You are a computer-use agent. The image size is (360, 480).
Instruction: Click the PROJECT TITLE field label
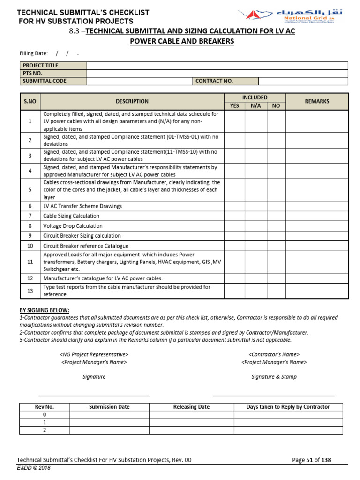tap(41, 66)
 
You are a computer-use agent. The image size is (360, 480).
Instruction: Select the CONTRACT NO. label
tap(214, 81)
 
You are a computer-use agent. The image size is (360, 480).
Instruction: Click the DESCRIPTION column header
tap(132, 101)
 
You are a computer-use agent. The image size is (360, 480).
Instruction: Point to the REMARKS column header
tap(317, 101)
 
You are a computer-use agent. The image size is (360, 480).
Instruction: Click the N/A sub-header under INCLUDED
tap(256, 106)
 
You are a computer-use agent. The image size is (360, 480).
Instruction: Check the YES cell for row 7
tap(234, 216)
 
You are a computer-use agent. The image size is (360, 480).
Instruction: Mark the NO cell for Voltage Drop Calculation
tap(276, 226)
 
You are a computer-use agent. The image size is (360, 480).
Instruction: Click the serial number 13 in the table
tap(30, 291)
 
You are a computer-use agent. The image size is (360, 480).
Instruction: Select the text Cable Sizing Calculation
tap(71, 216)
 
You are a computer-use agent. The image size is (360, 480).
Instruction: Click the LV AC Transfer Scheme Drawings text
tap(82, 206)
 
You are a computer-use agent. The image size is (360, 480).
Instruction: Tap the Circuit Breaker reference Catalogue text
tap(86, 246)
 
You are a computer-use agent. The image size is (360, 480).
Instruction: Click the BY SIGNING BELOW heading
tap(44, 310)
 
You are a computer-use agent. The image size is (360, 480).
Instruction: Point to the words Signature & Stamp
tap(274, 377)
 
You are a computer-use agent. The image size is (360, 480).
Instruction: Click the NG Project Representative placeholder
tap(94, 354)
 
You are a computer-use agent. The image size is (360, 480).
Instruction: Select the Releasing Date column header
tap(191, 407)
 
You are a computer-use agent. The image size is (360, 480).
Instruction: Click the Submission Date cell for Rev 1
tap(109, 423)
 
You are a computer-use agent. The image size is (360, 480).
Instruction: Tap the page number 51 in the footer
tap(309, 460)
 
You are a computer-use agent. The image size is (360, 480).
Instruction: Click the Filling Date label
tap(34, 53)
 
